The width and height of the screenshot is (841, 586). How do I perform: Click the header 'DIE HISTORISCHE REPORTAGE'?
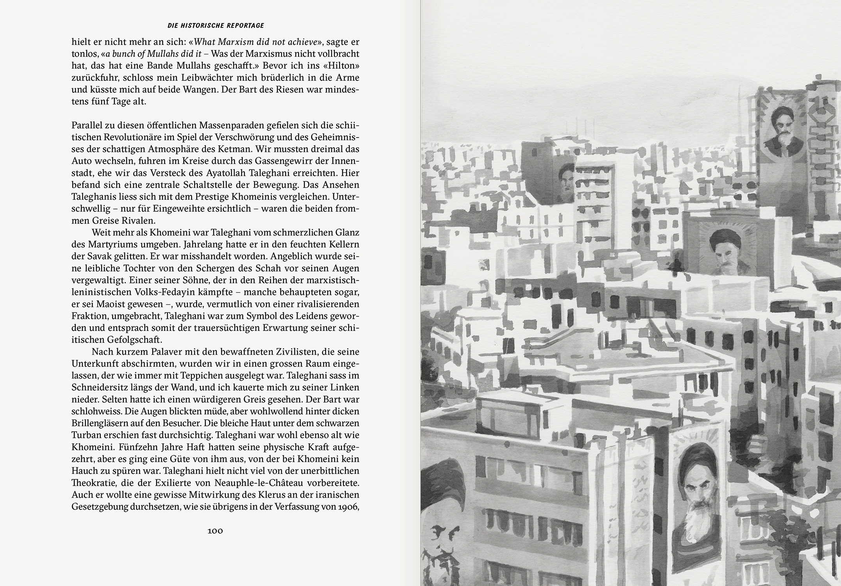point(216,26)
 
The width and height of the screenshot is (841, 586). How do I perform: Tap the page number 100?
point(215,531)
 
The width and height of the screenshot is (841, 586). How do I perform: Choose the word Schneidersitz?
point(99,388)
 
